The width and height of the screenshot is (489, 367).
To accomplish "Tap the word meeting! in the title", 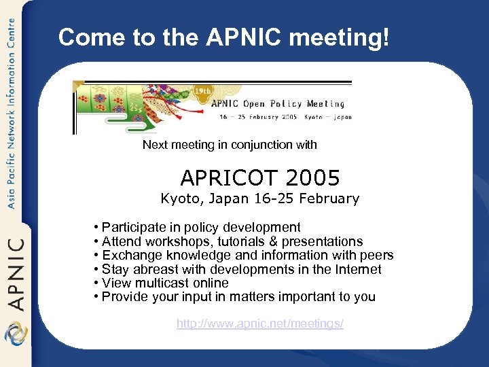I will [x=340, y=38].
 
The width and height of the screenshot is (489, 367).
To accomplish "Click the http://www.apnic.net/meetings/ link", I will [x=260, y=324].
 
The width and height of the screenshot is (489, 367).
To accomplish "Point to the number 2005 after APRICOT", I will [x=313, y=178].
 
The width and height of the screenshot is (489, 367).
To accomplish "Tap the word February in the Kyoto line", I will [x=331, y=198].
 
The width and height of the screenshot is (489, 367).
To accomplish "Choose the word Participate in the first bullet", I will [x=134, y=228].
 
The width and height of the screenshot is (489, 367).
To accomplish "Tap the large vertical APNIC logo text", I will [x=16, y=272].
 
